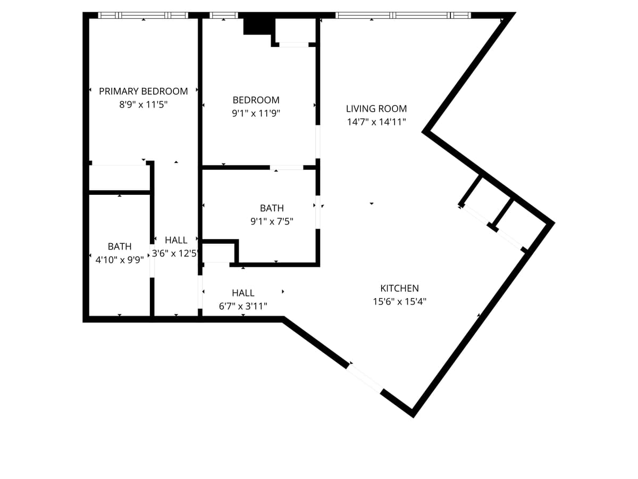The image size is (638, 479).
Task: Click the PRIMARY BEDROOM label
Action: [x=144, y=91]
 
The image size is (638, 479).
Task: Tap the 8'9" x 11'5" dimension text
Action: [x=144, y=105]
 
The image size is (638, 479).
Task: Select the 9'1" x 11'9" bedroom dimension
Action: [x=256, y=113]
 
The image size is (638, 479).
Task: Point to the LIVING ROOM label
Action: [x=376, y=109]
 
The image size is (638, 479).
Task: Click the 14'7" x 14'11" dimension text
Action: [x=376, y=122]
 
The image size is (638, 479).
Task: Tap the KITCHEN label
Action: [x=399, y=288]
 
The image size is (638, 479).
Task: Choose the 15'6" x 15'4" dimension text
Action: [x=399, y=302]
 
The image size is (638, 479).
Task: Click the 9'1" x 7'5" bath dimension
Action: [x=272, y=221]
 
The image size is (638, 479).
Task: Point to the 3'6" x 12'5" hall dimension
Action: [x=175, y=253]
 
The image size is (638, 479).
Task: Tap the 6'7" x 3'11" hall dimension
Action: [x=243, y=306]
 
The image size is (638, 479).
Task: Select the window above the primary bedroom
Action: [x=144, y=15]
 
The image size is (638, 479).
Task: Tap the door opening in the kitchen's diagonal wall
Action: [x=365, y=378]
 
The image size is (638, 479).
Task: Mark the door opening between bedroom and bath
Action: [x=287, y=168]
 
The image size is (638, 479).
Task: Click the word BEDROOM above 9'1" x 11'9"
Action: [x=256, y=100]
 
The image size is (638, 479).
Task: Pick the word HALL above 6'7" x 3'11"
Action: [x=243, y=293]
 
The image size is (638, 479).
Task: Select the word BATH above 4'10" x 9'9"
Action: [x=120, y=246]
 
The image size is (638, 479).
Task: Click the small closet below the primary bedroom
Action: [x=119, y=178]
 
